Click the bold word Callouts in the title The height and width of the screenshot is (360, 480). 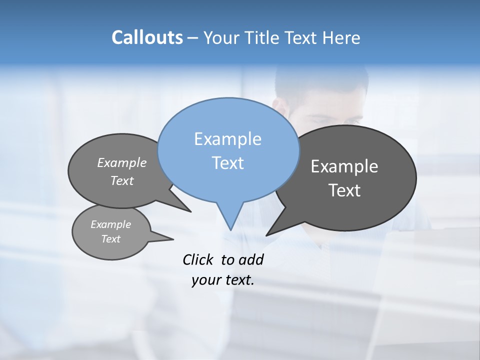[147, 37]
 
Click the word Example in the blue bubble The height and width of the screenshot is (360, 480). [227, 139]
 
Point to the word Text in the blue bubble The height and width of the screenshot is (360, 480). [227, 163]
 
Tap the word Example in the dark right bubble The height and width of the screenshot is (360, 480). [344, 166]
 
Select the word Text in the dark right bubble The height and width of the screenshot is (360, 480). [344, 190]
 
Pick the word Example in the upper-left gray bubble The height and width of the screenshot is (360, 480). [122, 162]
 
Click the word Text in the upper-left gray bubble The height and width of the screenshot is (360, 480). [122, 180]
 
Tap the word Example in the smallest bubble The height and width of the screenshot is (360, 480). [110, 224]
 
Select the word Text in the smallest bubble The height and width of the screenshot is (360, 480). [110, 239]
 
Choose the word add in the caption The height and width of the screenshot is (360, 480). [251, 259]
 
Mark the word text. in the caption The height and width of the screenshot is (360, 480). [239, 280]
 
